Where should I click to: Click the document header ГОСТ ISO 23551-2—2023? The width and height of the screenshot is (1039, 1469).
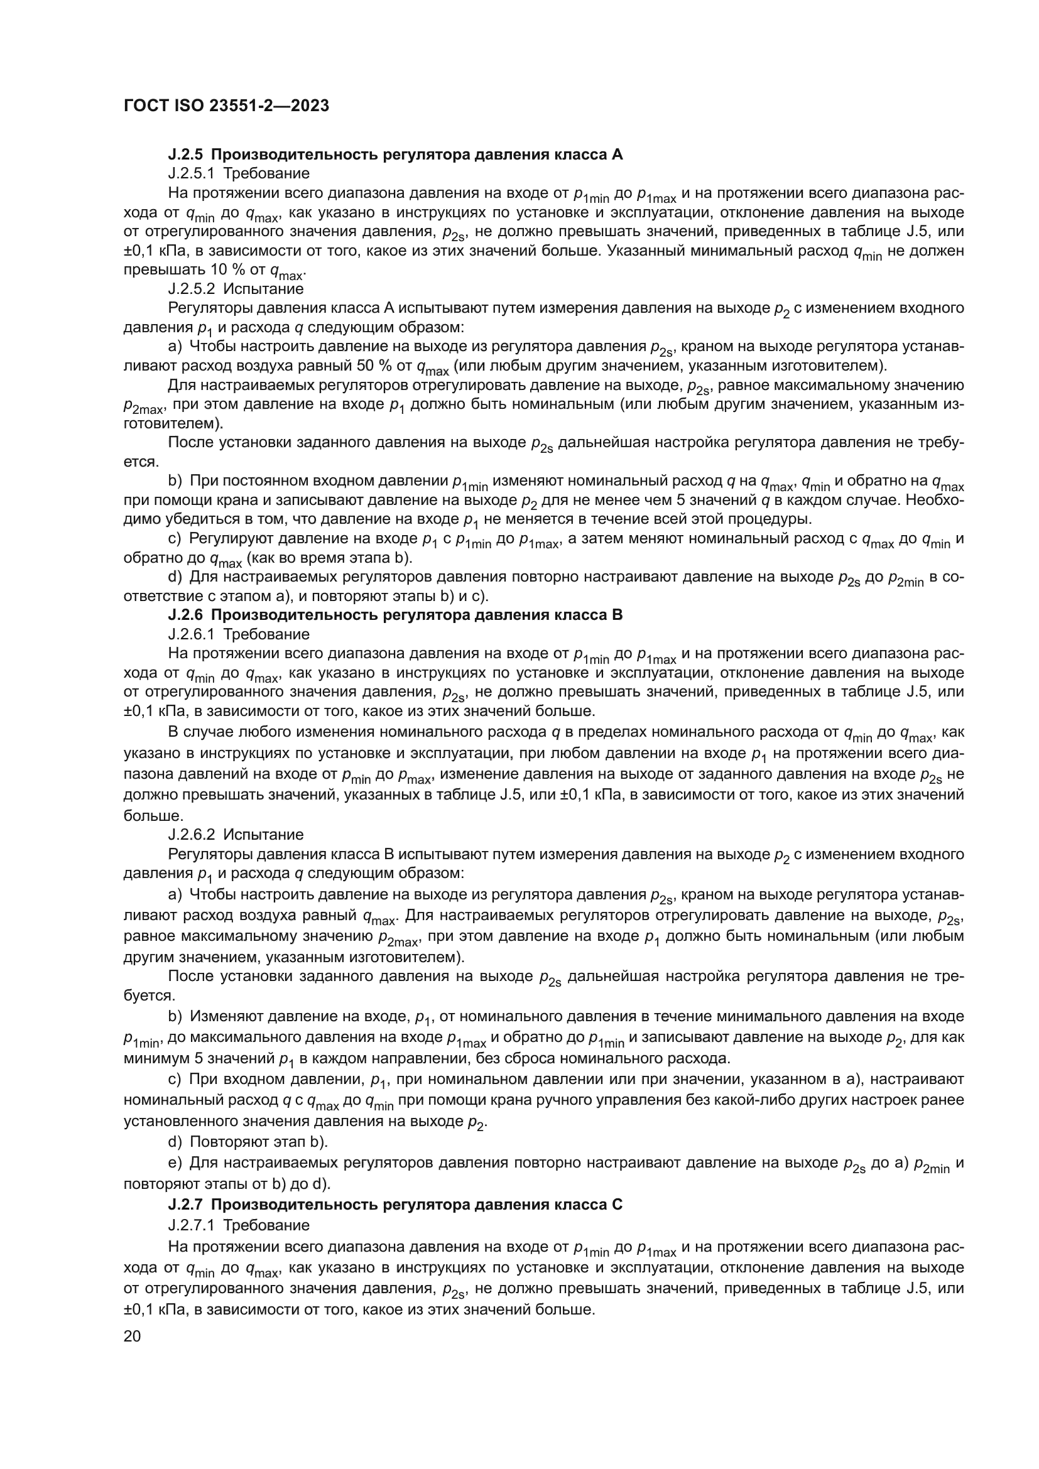226,106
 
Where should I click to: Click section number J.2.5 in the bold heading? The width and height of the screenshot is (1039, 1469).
187,154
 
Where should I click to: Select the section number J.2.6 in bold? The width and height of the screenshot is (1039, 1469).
187,615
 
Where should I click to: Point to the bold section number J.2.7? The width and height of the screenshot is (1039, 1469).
187,1205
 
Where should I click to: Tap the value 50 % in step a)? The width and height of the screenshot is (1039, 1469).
372,366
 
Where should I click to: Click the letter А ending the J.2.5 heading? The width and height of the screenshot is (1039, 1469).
617,154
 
